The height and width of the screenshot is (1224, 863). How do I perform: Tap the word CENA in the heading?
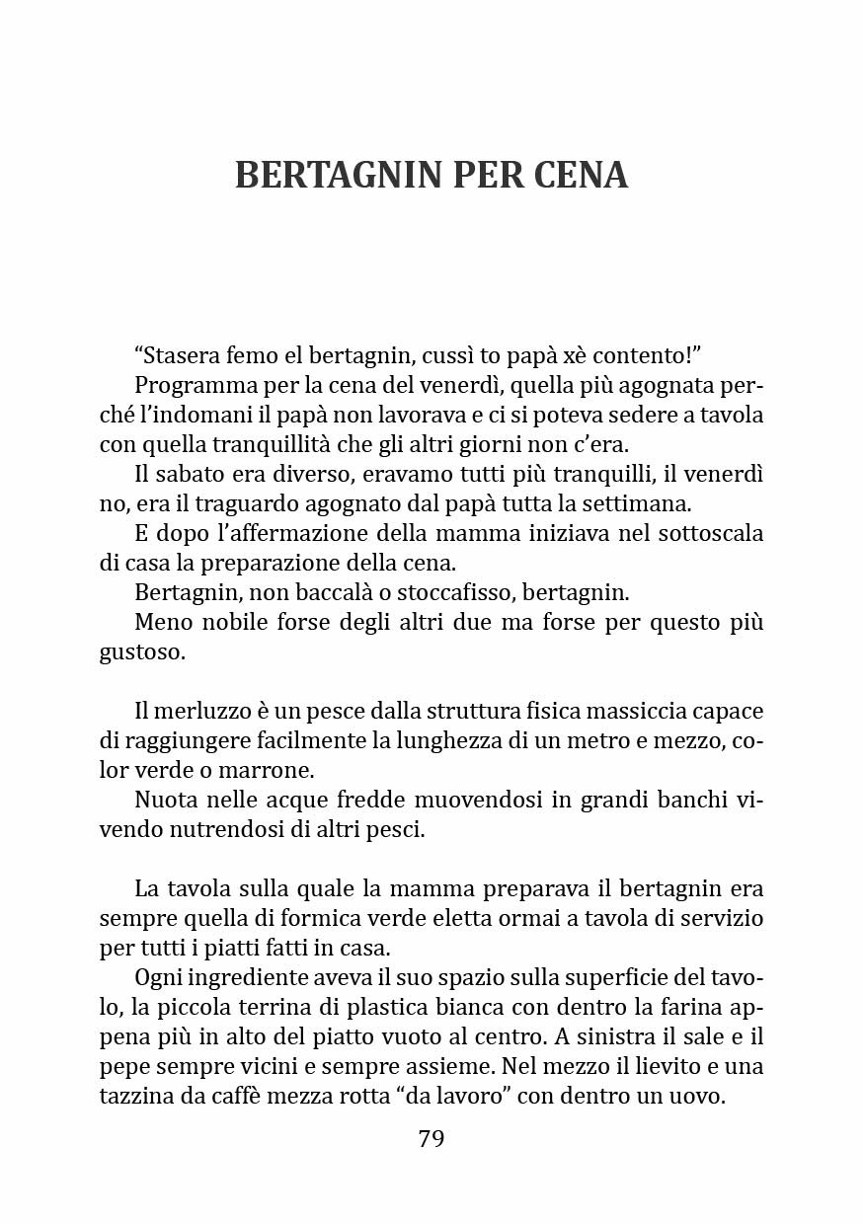(581, 175)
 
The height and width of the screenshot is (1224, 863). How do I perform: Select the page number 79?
(431, 1138)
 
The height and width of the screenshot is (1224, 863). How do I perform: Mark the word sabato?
(187, 474)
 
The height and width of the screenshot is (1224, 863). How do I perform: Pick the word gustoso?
(142, 652)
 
